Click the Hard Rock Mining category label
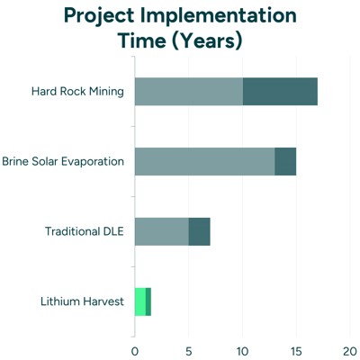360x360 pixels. coord(76,91)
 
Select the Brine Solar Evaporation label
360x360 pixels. coord(62,161)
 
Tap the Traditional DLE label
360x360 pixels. coord(84,231)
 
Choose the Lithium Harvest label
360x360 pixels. coord(82,301)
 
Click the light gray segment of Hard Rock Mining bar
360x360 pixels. coord(188,91)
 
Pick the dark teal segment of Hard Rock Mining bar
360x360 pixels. coord(280,91)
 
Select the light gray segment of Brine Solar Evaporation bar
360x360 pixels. coord(204,161)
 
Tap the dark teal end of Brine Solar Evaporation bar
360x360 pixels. coord(285,161)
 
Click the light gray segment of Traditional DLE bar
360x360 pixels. coord(161,231)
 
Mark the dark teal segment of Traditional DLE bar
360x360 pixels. coord(199,231)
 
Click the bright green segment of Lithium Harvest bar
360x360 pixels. coord(139,301)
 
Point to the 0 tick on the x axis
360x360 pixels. coord(135,350)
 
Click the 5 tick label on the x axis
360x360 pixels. coord(189,350)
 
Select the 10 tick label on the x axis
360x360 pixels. coord(242,350)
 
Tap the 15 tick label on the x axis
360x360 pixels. coord(296,350)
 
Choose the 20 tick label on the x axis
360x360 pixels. coord(350,350)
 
